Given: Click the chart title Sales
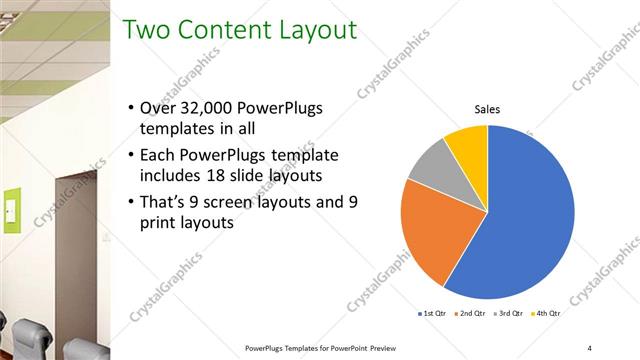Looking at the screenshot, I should [487, 109].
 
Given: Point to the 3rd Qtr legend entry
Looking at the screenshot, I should [511, 313].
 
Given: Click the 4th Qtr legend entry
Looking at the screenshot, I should [548, 313].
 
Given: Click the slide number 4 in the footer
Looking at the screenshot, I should [589, 347].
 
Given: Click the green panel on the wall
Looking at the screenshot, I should [12, 211].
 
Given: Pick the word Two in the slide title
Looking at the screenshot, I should [146, 30].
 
